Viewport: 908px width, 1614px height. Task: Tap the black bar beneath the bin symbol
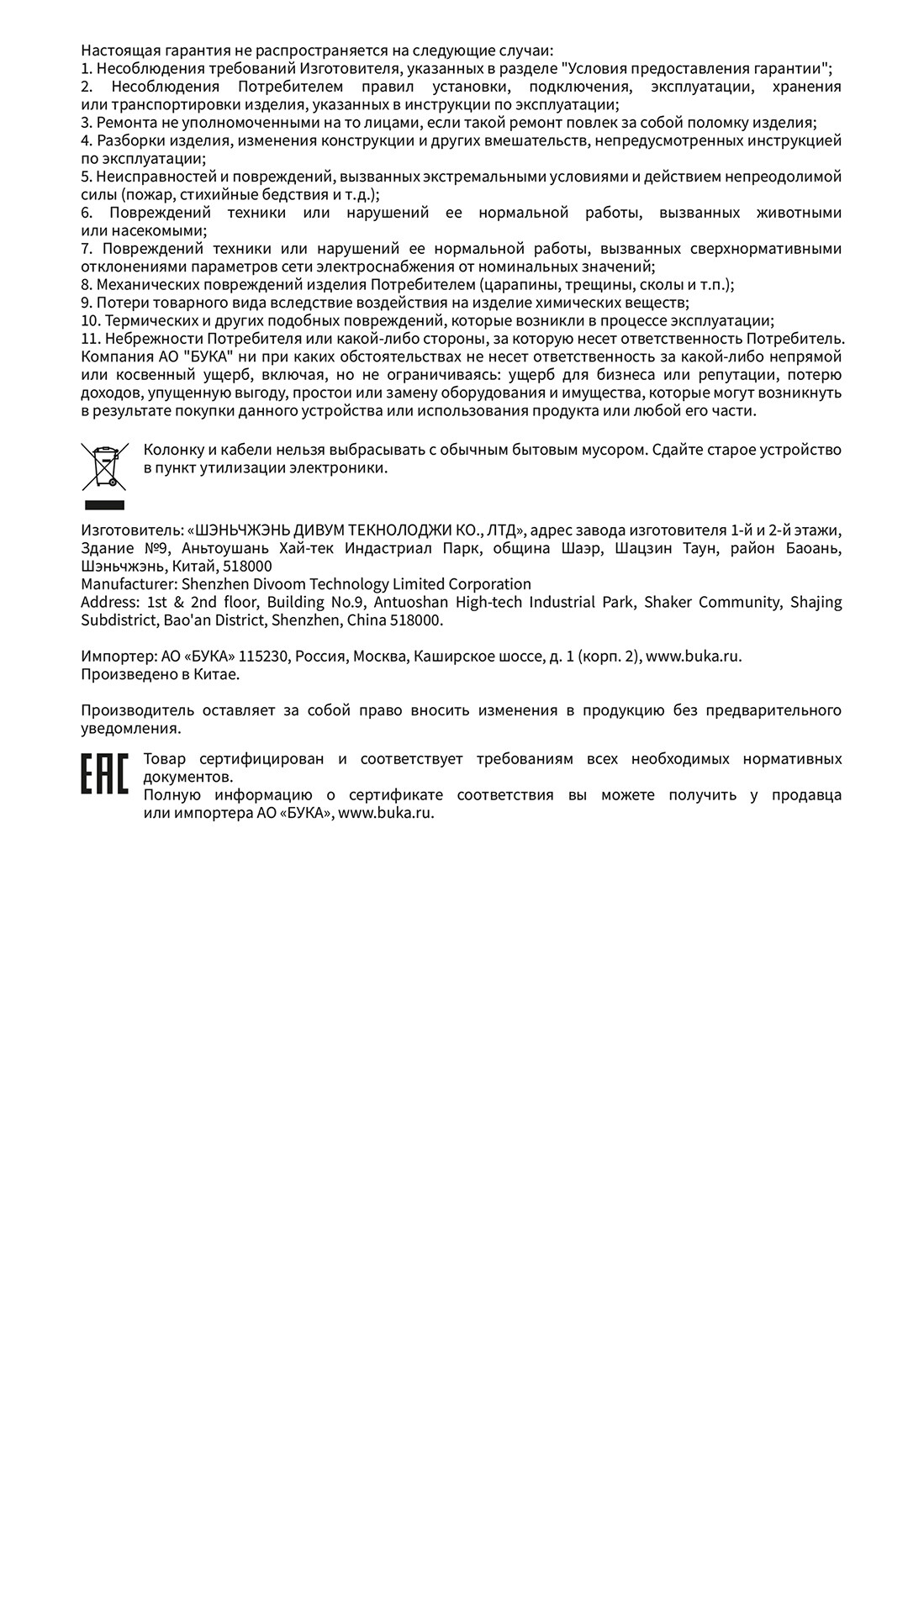pyautogui.click(x=104, y=505)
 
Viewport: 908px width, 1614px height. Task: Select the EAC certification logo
pyautogui.click(x=104, y=774)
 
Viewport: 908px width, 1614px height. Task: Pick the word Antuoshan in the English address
pyautogui.click(x=409, y=602)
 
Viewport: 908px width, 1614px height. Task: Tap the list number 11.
pyautogui.click(x=90, y=339)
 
